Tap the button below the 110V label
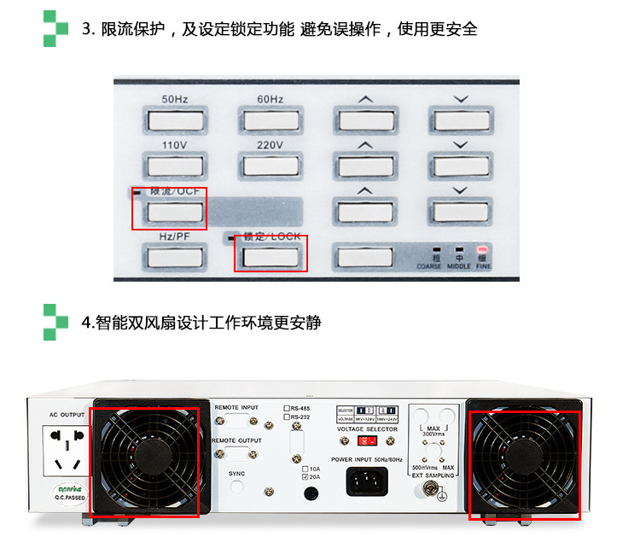[x=175, y=166]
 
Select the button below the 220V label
[x=271, y=166]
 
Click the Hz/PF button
[x=175, y=255]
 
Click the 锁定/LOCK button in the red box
[x=271, y=255]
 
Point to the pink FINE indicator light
[x=484, y=249]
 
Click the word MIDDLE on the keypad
[x=459, y=266]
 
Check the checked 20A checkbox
[x=305, y=478]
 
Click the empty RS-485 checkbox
[x=288, y=409]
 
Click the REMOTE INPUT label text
[x=236, y=408]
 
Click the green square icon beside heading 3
[x=55, y=29]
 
